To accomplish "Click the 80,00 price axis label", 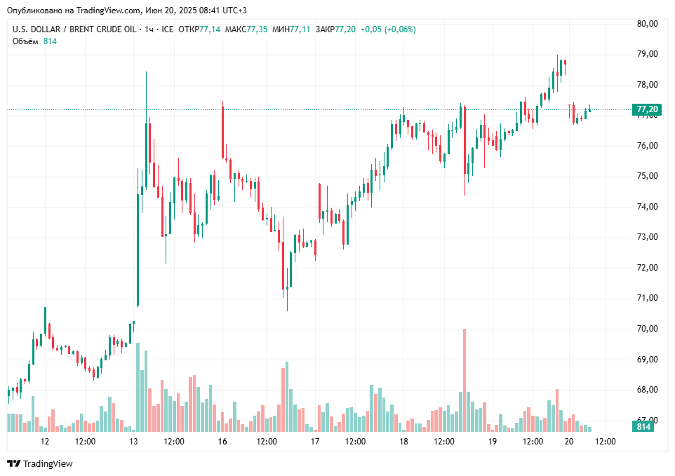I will [647, 23].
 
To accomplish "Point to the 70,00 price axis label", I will [647, 329].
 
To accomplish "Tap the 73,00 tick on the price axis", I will [647, 237].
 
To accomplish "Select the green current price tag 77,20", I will [647, 109].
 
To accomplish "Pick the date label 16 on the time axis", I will [222, 442].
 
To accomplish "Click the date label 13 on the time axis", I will [134, 442].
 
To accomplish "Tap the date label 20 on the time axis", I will [568, 442].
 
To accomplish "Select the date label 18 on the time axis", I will [403, 442].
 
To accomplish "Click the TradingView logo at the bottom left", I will [40, 463].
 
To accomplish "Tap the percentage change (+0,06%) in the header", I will [397, 29].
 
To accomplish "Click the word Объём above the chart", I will [25, 41].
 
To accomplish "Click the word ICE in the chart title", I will [167, 29].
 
